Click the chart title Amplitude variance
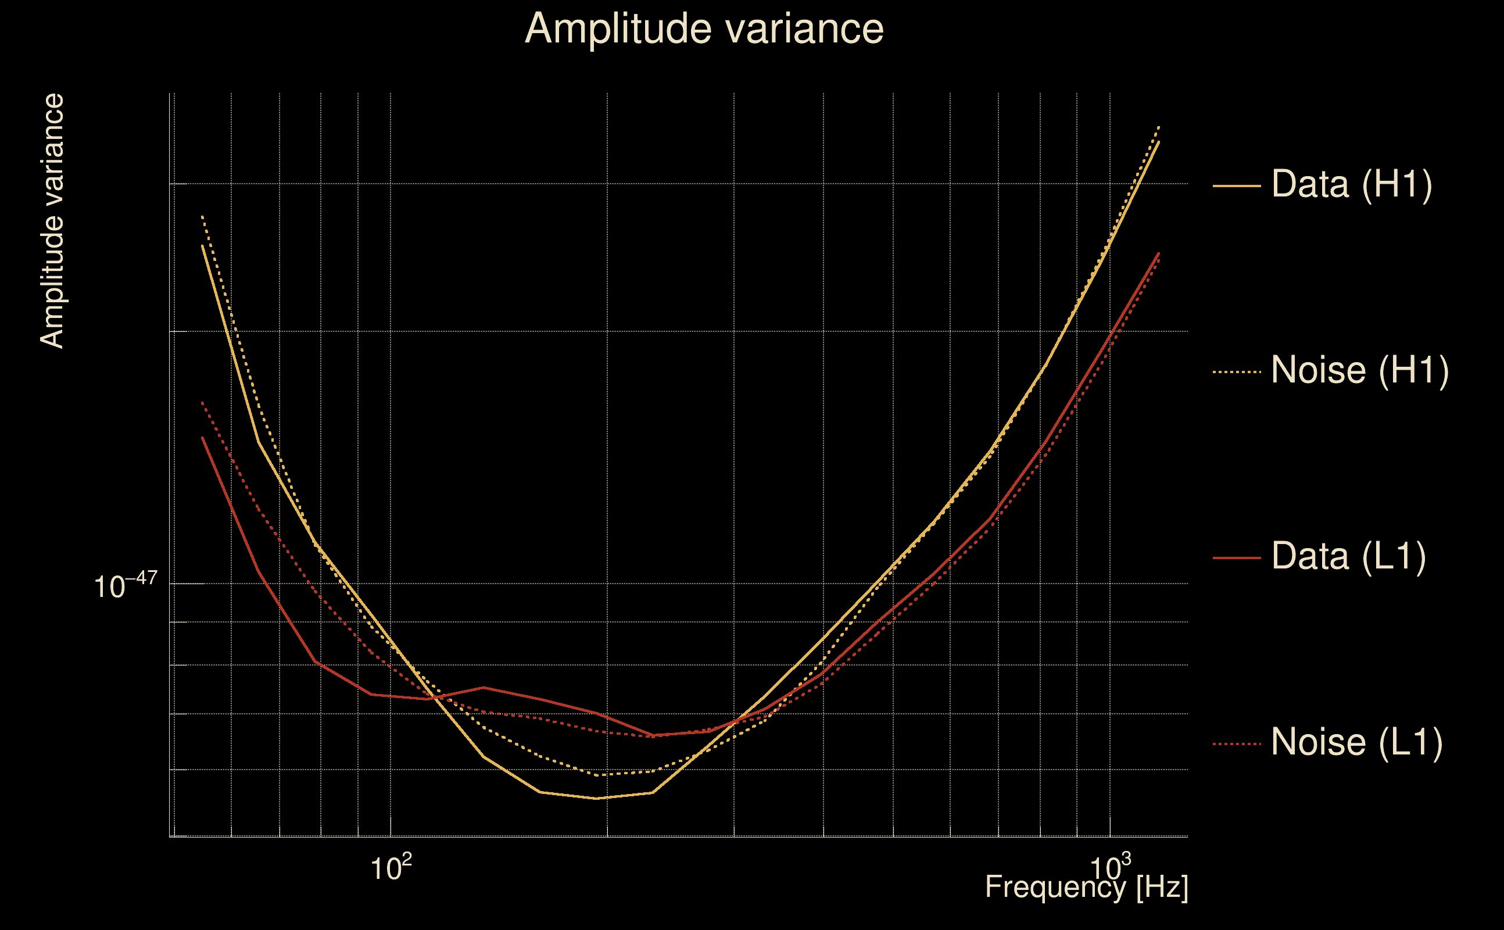[x=703, y=29]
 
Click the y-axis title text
[x=52, y=221]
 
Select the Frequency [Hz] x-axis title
[x=1086, y=888]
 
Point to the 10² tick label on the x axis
[x=391, y=868]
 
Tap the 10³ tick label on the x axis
[x=1109, y=868]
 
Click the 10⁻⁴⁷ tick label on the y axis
[x=126, y=585]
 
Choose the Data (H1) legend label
[x=1352, y=184]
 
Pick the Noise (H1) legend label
[x=1359, y=370]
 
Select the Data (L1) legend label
[x=1348, y=557]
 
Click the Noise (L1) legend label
[x=1356, y=742]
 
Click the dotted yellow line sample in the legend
[x=1236, y=371]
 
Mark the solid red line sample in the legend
[x=1236, y=558]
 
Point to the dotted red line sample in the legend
[x=1236, y=743]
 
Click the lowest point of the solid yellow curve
[x=595, y=799]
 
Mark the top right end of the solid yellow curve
[x=1159, y=141]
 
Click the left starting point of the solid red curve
[x=202, y=437]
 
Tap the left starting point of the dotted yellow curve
[x=202, y=216]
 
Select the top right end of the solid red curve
[x=1159, y=253]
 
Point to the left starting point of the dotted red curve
[x=202, y=402]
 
